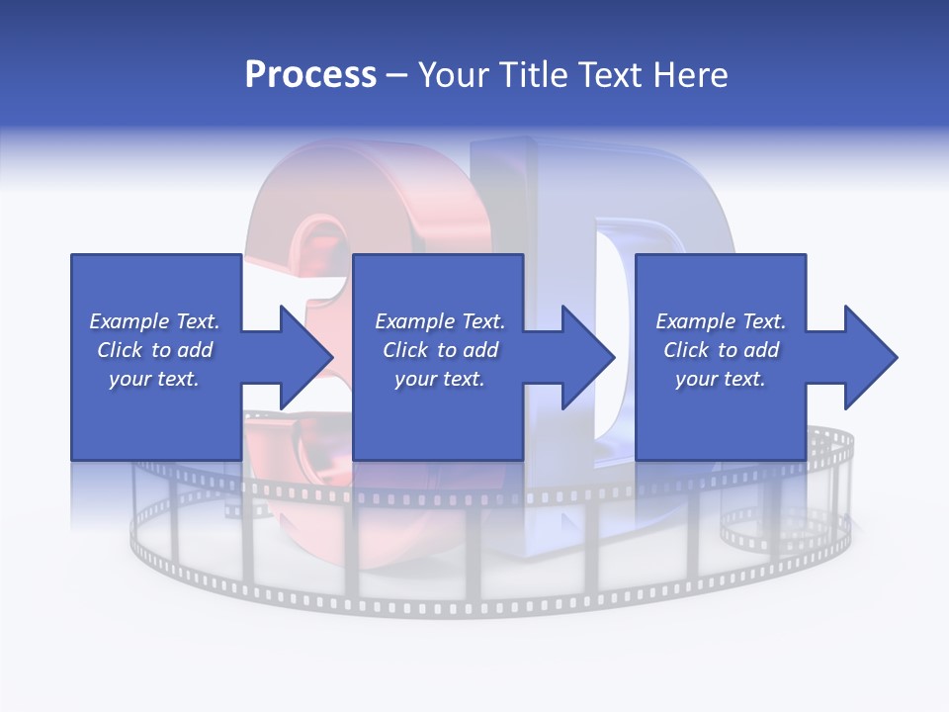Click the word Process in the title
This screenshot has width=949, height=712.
click(x=310, y=74)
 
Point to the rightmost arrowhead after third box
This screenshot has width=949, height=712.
click(x=869, y=357)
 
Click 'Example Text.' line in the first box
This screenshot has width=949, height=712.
click(x=154, y=321)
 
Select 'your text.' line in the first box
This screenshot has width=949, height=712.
click(x=154, y=379)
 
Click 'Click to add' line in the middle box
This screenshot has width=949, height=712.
click(x=440, y=350)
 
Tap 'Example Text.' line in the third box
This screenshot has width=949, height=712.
click(x=721, y=321)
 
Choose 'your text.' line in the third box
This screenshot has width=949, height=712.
click(x=721, y=379)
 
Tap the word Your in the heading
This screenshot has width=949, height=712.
click(x=454, y=74)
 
